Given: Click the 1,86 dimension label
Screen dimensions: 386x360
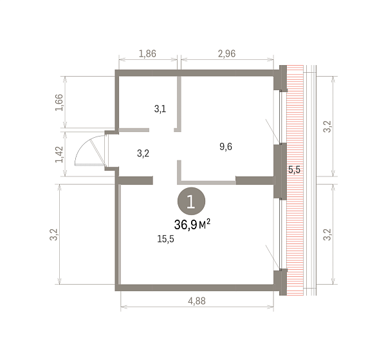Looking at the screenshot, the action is [x=147, y=53].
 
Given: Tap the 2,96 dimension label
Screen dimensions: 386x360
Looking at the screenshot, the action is [x=226, y=53].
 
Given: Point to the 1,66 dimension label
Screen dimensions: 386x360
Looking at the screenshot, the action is [x=59, y=102].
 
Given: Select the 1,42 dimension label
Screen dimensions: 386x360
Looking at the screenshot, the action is [x=59, y=155].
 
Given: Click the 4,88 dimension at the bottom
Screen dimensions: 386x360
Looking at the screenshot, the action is [x=197, y=301].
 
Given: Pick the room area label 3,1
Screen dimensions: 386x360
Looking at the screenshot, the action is [x=160, y=109].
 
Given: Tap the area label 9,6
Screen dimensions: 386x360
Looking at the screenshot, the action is [x=226, y=147].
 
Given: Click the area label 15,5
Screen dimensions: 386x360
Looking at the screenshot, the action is [x=166, y=239].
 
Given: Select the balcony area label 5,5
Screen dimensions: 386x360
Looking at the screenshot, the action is [x=295, y=169].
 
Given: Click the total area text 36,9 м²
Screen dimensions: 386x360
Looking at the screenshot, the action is [x=192, y=225].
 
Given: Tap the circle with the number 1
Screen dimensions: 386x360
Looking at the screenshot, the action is [x=191, y=201].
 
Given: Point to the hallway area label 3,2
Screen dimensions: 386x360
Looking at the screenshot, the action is [x=143, y=153].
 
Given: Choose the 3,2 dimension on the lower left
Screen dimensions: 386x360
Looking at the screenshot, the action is [x=54, y=234].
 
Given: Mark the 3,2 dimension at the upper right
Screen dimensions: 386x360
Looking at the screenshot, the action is [x=327, y=127].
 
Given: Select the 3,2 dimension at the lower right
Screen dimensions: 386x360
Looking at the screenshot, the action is [x=327, y=234].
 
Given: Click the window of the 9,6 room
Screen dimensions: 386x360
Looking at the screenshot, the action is [x=280, y=117].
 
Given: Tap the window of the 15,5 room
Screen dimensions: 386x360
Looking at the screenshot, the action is [x=280, y=234].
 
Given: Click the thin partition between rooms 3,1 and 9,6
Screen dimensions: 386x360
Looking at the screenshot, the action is [x=179, y=104].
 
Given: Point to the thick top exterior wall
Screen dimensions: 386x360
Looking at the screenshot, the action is [x=194, y=73].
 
